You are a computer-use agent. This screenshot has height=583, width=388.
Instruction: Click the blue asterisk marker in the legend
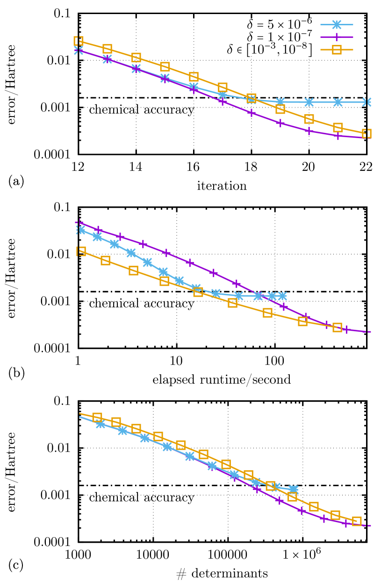pyautogui.click(x=337, y=25)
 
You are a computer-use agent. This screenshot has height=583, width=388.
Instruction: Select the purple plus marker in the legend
pyautogui.click(x=337, y=37)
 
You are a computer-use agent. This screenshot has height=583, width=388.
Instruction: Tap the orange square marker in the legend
pyautogui.click(x=337, y=50)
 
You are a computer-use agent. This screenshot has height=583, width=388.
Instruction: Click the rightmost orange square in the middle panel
pyautogui.click(x=337, y=327)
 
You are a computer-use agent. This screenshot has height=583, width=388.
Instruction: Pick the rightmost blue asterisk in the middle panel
pyautogui.click(x=282, y=296)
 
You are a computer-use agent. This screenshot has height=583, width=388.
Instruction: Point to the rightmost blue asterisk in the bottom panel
pyautogui.click(x=293, y=489)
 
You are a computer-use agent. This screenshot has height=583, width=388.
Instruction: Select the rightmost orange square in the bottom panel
pyautogui.click(x=357, y=521)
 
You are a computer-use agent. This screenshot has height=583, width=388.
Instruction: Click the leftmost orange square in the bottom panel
pyautogui.click(x=97, y=417)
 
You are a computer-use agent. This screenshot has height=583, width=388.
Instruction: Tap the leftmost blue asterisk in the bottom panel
pyautogui.click(x=101, y=424)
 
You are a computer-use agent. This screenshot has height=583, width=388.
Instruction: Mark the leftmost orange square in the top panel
pyautogui.click(x=79, y=41)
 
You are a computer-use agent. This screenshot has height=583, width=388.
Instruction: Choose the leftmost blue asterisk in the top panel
pyautogui.click(x=79, y=50)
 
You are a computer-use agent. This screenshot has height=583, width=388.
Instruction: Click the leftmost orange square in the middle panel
pyautogui.click(x=81, y=251)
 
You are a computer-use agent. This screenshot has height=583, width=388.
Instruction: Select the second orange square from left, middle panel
pyautogui.click(x=105, y=260)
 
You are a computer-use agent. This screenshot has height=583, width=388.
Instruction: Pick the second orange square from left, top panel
pyautogui.click(x=107, y=49)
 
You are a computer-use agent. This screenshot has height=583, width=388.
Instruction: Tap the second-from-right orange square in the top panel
pyautogui.click(x=338, y=127)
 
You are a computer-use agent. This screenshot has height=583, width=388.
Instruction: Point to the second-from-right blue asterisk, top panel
pyautogui.click(x=338, y=102)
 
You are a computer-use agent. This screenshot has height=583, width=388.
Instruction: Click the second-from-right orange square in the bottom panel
pyautogui.click(x=335, y=515)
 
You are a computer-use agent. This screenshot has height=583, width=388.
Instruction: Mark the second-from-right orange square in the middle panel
pyautogui.click(x=302, y=321)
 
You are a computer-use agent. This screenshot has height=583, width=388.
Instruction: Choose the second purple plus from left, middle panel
pyautogui.click(x=98, y=229)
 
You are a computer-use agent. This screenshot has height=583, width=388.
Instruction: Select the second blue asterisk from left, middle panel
pyautogui.click(x=97, y=237)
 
